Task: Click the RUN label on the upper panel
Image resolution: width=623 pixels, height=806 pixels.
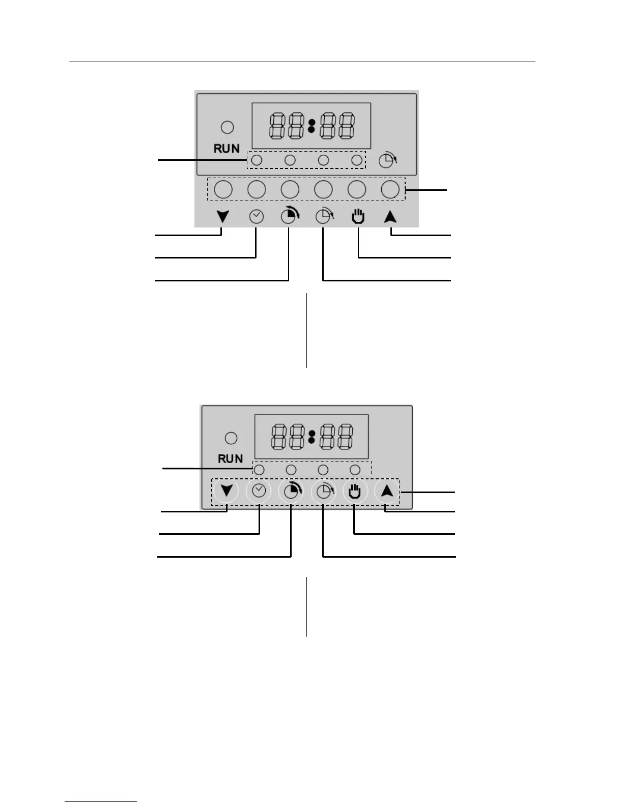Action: tap(226, 149)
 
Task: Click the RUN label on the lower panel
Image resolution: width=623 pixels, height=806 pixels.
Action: tap(230, 458)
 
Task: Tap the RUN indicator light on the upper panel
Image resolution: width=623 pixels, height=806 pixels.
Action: tap(228, 127)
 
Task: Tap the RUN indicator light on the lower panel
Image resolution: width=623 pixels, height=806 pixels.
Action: tap(231, 438)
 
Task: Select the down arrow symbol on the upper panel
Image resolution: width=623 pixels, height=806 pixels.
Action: tap(223, 217)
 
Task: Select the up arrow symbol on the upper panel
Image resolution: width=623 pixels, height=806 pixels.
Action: tap(390, 217)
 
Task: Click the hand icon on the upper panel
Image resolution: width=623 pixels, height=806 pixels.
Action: tap(358, 217)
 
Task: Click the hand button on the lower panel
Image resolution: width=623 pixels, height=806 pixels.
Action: tap(355, 492)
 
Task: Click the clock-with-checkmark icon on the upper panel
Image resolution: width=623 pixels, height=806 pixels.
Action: tap(257, 217)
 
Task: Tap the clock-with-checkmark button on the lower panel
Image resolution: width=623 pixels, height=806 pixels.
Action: tap(259, 491)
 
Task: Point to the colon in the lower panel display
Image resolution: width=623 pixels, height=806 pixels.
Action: tap(311, 436)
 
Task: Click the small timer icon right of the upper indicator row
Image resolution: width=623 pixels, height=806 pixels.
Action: tap(388, 160)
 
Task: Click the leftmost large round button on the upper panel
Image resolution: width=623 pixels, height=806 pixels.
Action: tap(223, 189)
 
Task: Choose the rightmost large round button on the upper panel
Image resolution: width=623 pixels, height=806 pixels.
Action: tap(390, 189)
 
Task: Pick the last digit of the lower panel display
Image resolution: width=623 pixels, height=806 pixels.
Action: tap(345, 437)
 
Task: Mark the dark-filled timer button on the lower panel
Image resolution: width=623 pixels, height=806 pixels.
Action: tap(291, 492)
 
